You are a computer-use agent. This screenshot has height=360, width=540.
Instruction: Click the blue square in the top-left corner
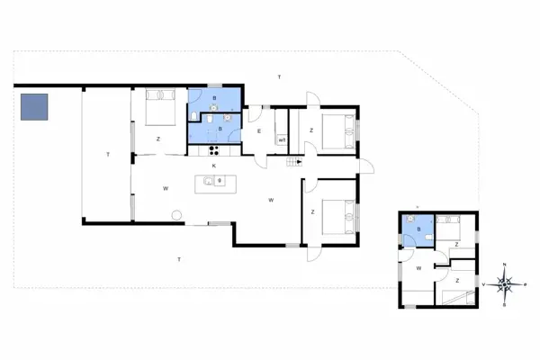pos(35,108)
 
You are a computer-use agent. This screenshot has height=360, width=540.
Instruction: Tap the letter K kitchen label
pos(214,166)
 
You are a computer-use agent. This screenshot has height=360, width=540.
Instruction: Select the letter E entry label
pos(258,132)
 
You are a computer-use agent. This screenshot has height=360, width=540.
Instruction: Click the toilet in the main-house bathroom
pos(208,117)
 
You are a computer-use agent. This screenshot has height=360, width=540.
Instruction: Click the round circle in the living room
pos(177,215)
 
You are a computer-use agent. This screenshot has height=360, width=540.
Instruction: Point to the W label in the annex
pos(418,267)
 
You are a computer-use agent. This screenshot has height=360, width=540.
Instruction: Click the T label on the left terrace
pos(107,156)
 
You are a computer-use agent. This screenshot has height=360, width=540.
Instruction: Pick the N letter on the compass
pos(505,264)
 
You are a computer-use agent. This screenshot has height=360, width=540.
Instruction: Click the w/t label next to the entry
pos(282,139)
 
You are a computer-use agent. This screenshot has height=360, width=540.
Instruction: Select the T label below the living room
pos(179,259)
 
